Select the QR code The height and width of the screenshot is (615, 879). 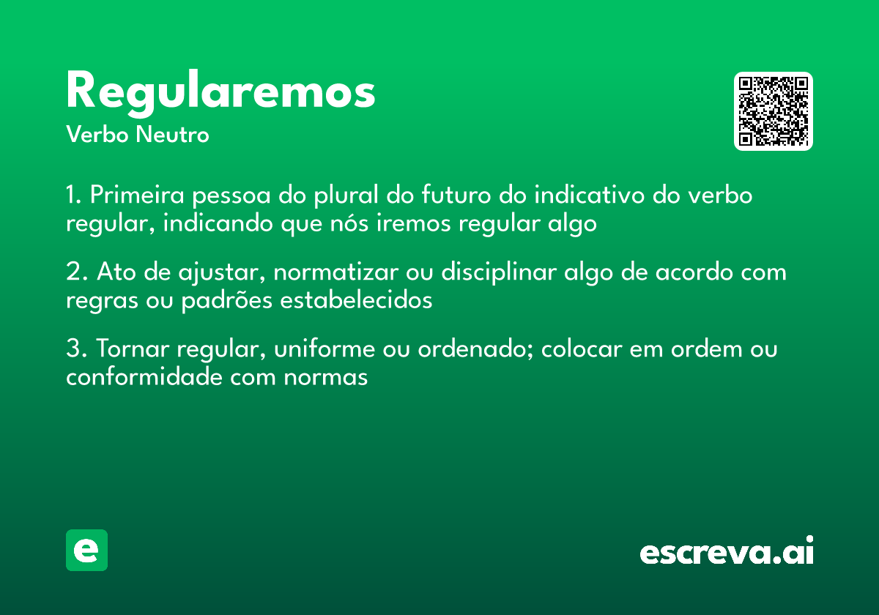(774, 111)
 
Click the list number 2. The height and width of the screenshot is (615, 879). (75, 272)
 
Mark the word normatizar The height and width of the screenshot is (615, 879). (334, 272)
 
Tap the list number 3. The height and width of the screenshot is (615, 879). (75, 349)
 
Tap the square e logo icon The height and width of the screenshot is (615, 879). (86, 550)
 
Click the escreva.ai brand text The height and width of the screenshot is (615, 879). (727, 551)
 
